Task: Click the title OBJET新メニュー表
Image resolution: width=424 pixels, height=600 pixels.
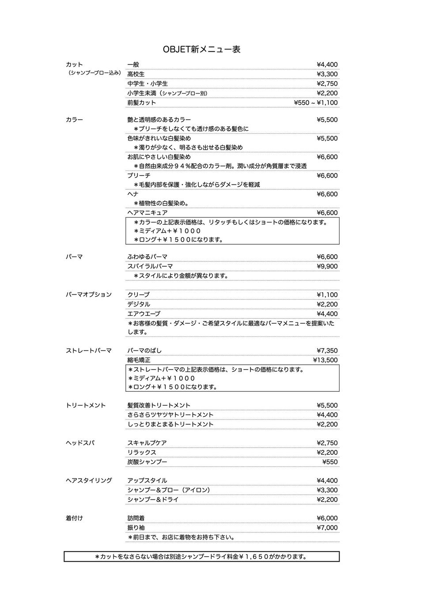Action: pos(201,49)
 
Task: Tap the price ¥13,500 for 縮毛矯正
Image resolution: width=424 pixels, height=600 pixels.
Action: pos(325,360)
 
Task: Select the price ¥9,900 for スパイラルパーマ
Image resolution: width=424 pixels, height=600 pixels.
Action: pos(327,266)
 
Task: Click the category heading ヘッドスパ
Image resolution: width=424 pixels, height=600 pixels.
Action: pos(80,443)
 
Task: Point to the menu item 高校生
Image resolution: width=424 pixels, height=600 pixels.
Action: pos(136,74)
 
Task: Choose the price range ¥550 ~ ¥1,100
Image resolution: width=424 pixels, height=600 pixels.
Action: pos(315,103)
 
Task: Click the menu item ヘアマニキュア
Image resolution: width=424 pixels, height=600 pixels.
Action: pos(148,213)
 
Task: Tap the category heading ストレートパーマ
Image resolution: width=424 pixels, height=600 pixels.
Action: pos(89,351)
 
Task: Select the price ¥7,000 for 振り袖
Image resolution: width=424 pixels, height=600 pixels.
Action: pos(327,528)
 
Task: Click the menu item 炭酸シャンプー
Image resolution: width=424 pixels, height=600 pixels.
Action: pos(148,462)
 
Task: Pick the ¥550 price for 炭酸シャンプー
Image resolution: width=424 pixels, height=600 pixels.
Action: pos(330,462)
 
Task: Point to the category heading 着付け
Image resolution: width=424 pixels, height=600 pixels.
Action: pos(74,518)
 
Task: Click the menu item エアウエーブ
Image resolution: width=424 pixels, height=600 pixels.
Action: pos(144,314)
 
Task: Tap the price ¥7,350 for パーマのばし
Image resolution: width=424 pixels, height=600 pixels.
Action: pos(327,351)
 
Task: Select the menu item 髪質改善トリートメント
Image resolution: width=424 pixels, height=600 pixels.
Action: pos(159,405)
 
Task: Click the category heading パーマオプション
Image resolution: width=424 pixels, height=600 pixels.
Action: pos(89,294)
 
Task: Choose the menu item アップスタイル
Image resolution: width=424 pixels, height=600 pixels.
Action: pos(148,481)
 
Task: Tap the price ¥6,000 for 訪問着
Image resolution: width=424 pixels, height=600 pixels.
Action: pos(327,518)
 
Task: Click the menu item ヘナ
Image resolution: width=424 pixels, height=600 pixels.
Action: pos(133,194)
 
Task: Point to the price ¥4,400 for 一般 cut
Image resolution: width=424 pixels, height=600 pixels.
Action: pos(327,65)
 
